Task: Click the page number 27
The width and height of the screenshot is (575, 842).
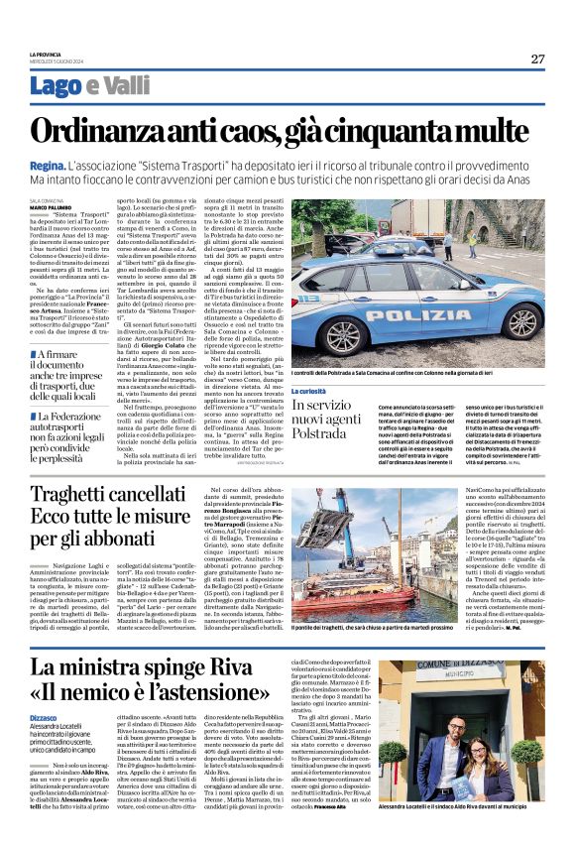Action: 537,59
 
